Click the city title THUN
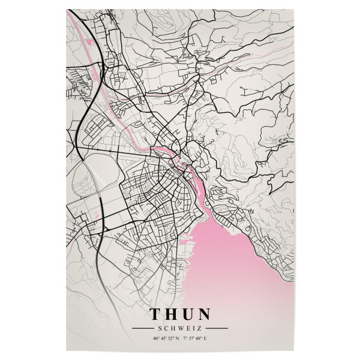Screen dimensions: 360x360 click(180, 314)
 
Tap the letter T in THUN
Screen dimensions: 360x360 click(154, 314)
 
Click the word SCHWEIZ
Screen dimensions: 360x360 click(180, 328)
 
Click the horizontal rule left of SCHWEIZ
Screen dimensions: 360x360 click(143, 328)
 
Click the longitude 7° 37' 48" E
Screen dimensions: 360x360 click(196, 340)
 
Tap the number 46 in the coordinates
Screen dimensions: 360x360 click(155, 340)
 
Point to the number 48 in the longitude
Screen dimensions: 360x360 click(200, 340)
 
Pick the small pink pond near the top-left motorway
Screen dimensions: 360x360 click(91, 43)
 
